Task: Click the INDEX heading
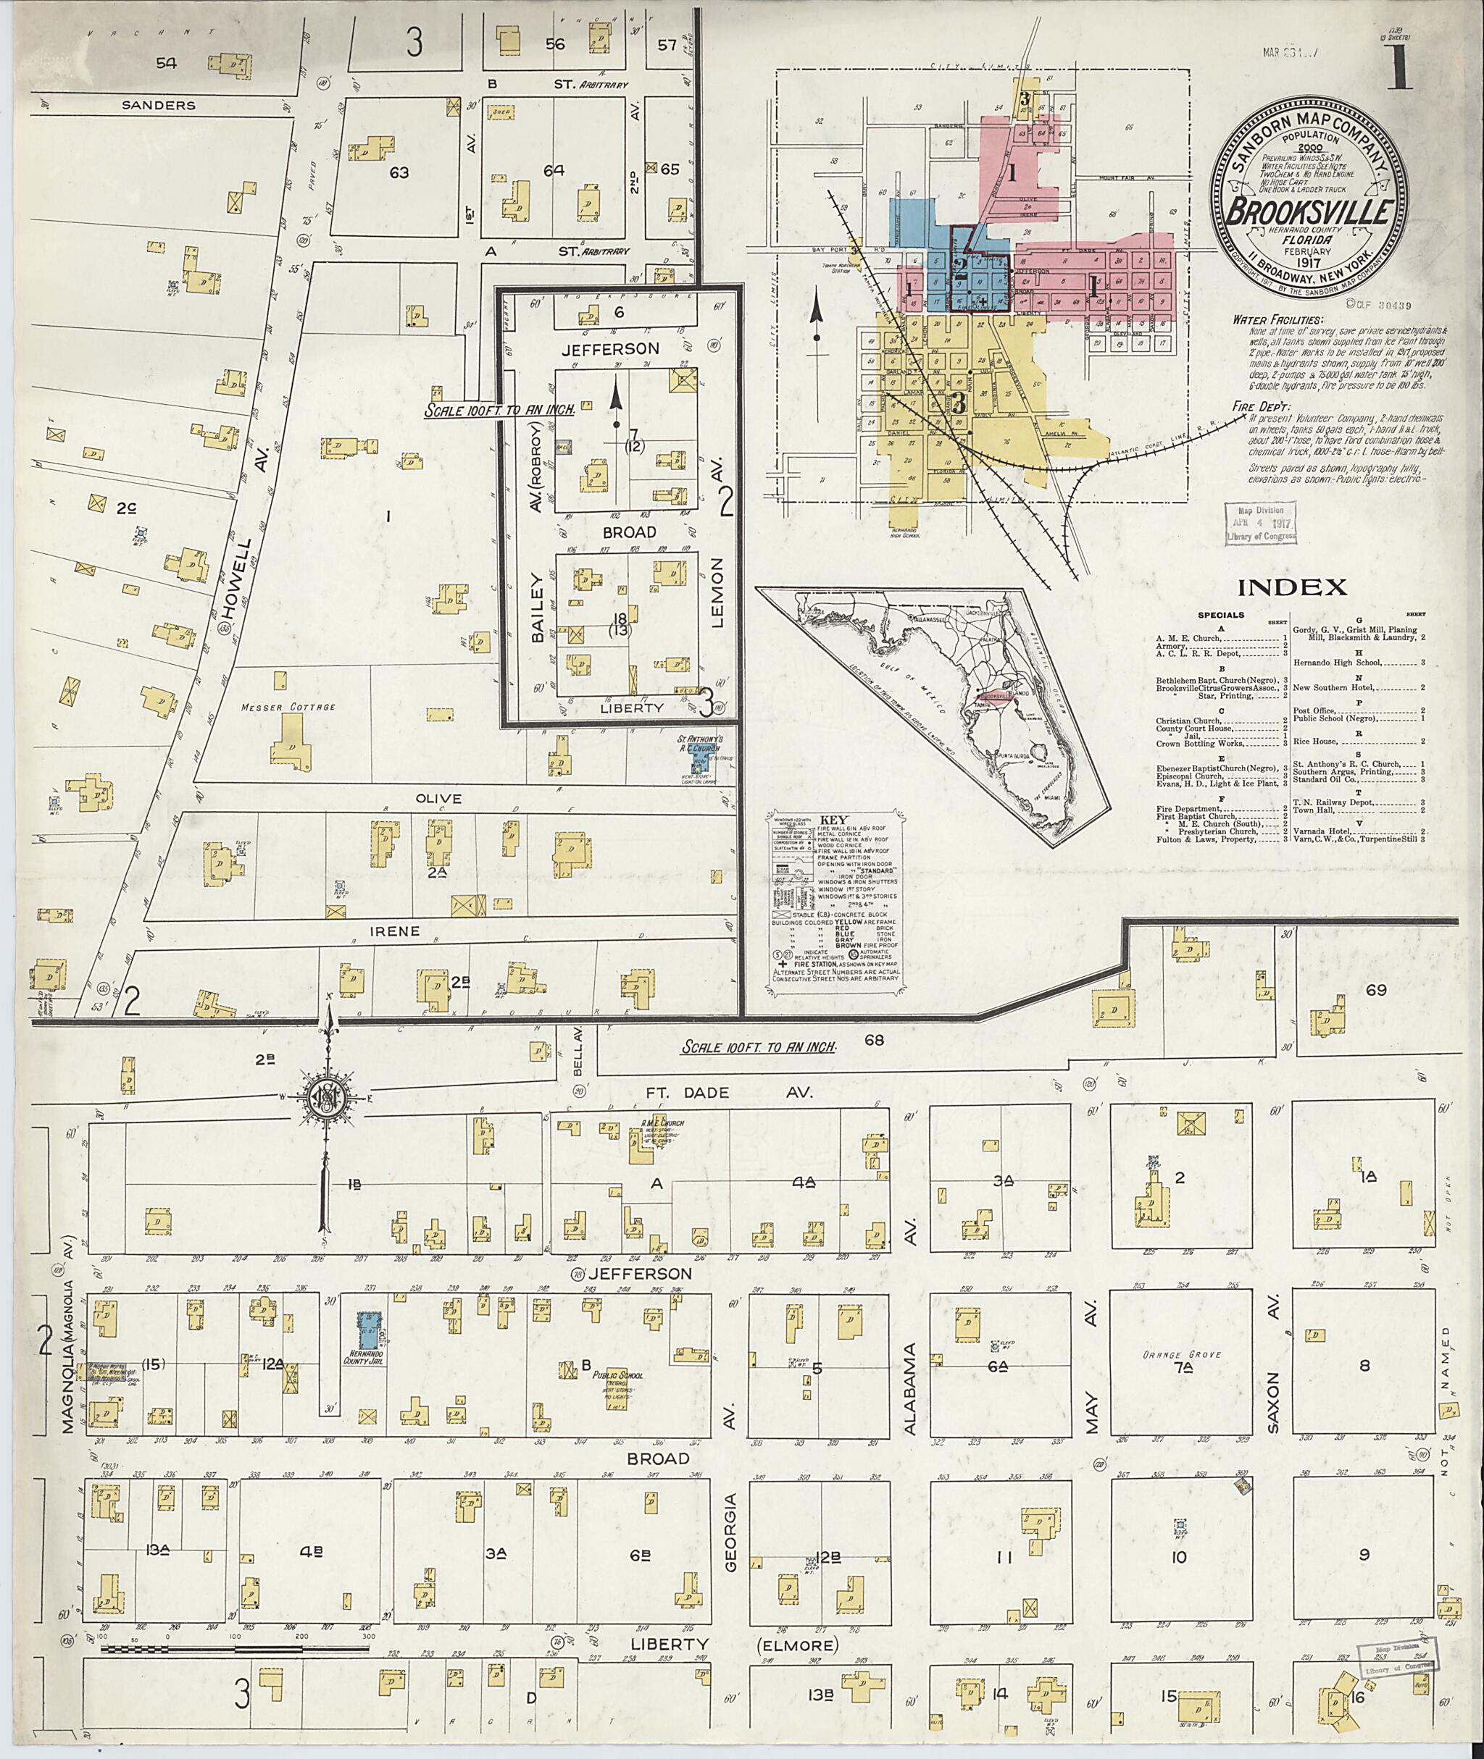[1292, 587]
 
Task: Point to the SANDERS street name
[158, 106]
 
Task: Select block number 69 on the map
[1375, 991]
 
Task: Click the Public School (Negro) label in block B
[618, 1377]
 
